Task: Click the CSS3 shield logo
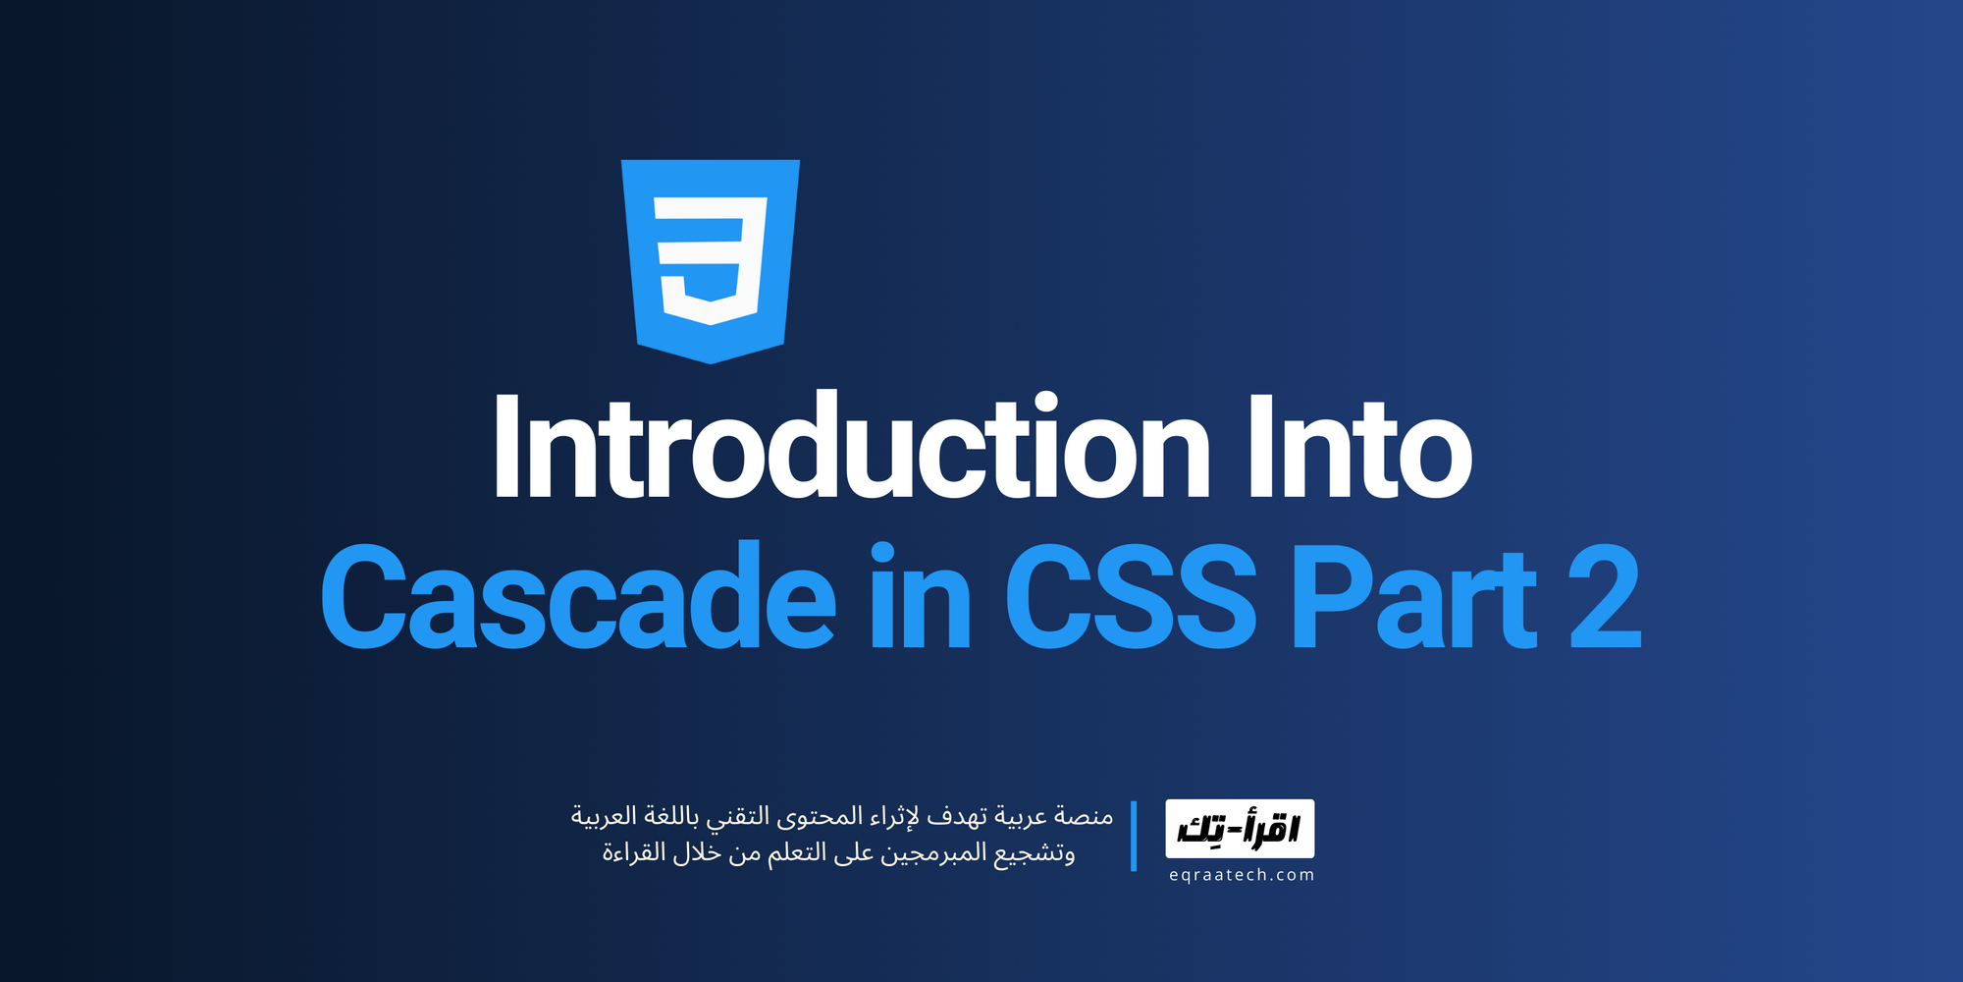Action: coord(711,260)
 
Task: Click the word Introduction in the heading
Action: coord(850,448)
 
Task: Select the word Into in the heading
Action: coord(1359,448)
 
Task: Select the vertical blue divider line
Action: coord(1134,836)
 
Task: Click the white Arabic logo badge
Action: coord(1240,829)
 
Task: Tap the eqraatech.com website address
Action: coord(1241,875)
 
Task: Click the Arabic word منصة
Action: coord(1084,816)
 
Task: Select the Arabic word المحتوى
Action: coord(820,816)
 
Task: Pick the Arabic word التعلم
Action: coord(796,853)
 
